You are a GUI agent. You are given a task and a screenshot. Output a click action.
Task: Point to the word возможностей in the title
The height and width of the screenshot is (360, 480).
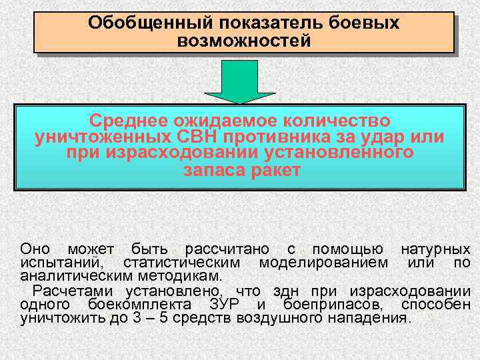pos(244,42)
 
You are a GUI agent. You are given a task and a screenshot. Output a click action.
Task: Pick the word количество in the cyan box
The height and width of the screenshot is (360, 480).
pos(328,121)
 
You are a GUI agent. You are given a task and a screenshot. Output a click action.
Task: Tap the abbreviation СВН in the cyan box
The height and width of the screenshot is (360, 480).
pos(221,137)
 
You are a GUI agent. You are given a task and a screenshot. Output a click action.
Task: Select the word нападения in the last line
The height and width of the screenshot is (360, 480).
pos(372,317)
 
